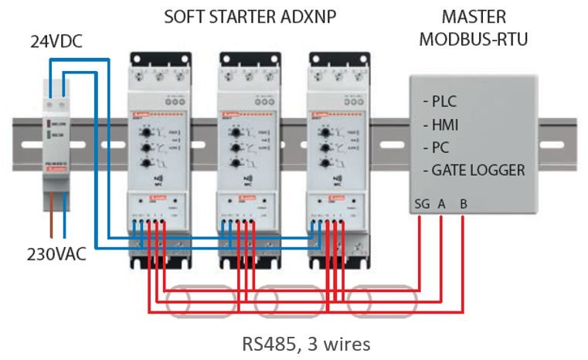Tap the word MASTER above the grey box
(x=474, y=17)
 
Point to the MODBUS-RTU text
(x=474, y=39)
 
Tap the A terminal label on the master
(x=441, y=205)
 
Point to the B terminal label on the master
(x=463, y=205)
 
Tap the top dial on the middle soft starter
(x=235, y=132)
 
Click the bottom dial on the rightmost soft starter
(x=323, y=164)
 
